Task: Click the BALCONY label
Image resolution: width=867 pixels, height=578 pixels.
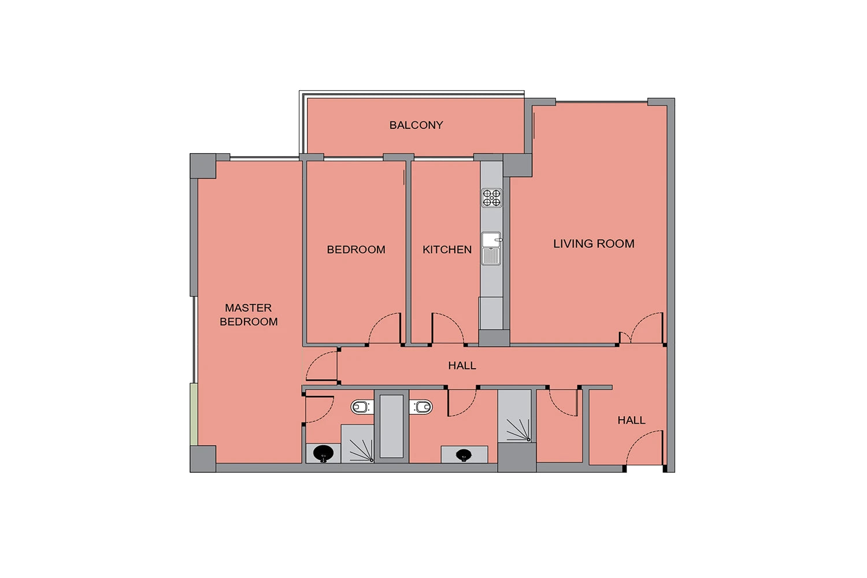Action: [x=416, y=125]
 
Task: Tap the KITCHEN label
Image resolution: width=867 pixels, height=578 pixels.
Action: [x=447, y=250]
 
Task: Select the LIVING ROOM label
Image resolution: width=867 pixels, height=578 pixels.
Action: [x=594, y=243]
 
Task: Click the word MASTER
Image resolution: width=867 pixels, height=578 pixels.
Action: [x=248, y=307]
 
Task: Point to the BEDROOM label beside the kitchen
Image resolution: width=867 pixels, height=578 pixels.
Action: [x=356, y=250]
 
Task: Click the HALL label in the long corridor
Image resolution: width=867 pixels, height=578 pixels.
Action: [x=462, y=365]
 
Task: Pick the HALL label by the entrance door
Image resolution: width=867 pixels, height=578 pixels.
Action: [x=631, y=420]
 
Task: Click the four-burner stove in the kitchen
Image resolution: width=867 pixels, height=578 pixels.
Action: [x=491, y=198]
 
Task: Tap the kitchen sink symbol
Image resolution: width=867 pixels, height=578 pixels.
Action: [x=491, y=249]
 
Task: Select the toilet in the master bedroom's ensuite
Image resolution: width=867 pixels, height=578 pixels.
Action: [x=362, y=407]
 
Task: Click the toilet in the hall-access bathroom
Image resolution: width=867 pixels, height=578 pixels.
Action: [x=421, y=407]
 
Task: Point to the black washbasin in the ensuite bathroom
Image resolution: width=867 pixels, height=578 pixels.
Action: [x=323, y=453]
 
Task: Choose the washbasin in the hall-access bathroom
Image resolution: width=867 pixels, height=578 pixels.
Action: [x=464, y=454]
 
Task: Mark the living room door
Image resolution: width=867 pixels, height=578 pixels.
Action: [x=647, y=328]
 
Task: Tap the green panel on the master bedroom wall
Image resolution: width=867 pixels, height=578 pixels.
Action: [x=194, y=414]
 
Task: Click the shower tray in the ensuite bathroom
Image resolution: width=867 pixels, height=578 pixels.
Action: [x=357, y=444]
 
